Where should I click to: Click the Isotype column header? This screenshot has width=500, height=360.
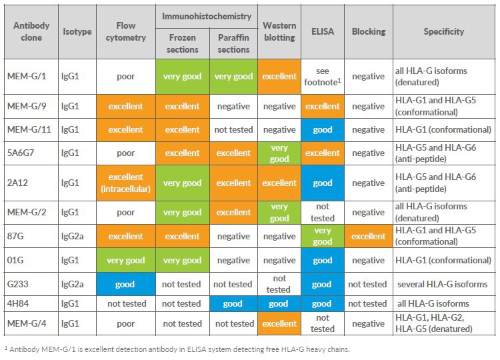[77, 31]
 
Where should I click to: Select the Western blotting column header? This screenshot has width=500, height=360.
[279, 31]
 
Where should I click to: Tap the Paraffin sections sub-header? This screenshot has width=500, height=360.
[234, 43]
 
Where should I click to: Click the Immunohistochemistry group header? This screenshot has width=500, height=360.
[208, 14]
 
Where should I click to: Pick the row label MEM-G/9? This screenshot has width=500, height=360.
[31, 106]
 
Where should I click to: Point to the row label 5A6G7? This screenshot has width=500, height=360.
[31, 153]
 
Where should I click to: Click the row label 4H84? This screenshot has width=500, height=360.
[31, 303]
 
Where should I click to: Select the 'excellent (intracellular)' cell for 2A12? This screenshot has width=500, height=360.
[126, 183]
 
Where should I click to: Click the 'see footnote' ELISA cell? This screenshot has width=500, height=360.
[323, 76]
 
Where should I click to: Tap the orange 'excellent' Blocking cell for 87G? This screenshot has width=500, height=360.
[369, 236]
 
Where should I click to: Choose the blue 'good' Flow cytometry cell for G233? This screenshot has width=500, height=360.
[126, 284]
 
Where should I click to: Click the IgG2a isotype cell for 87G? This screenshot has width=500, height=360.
[77, 236]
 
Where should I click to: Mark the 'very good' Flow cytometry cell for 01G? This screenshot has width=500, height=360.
[126, 261]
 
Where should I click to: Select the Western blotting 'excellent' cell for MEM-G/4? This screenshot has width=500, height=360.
[279, 323]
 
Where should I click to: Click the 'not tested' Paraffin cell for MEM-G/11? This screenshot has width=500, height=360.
[234, 129]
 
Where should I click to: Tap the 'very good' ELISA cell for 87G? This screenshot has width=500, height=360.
[323, 236]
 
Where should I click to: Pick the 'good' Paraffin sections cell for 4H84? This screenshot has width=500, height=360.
[234, 303]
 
